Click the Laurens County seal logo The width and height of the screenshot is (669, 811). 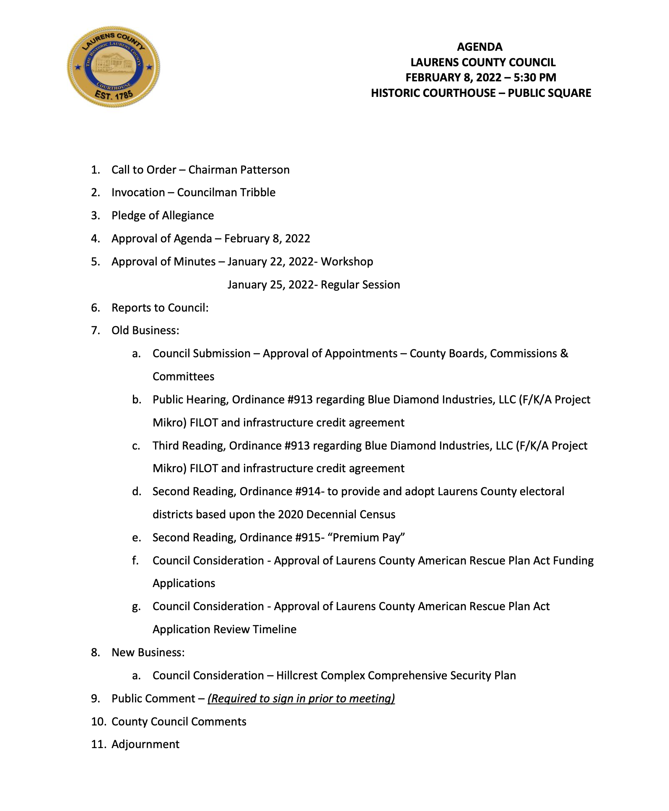click(113, 67)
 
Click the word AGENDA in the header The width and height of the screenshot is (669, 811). click(480, 47)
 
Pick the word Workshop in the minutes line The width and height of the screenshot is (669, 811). click(347, 262)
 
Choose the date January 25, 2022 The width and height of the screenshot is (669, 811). click(270, 285)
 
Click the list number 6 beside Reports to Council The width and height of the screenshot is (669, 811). click(95, 308)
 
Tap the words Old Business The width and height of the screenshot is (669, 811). click(145, 330)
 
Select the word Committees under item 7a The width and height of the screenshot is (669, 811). click(183, 377)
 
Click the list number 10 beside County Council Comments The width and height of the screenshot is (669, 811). click(98, 722)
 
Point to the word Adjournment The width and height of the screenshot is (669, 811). click(145, 744)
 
